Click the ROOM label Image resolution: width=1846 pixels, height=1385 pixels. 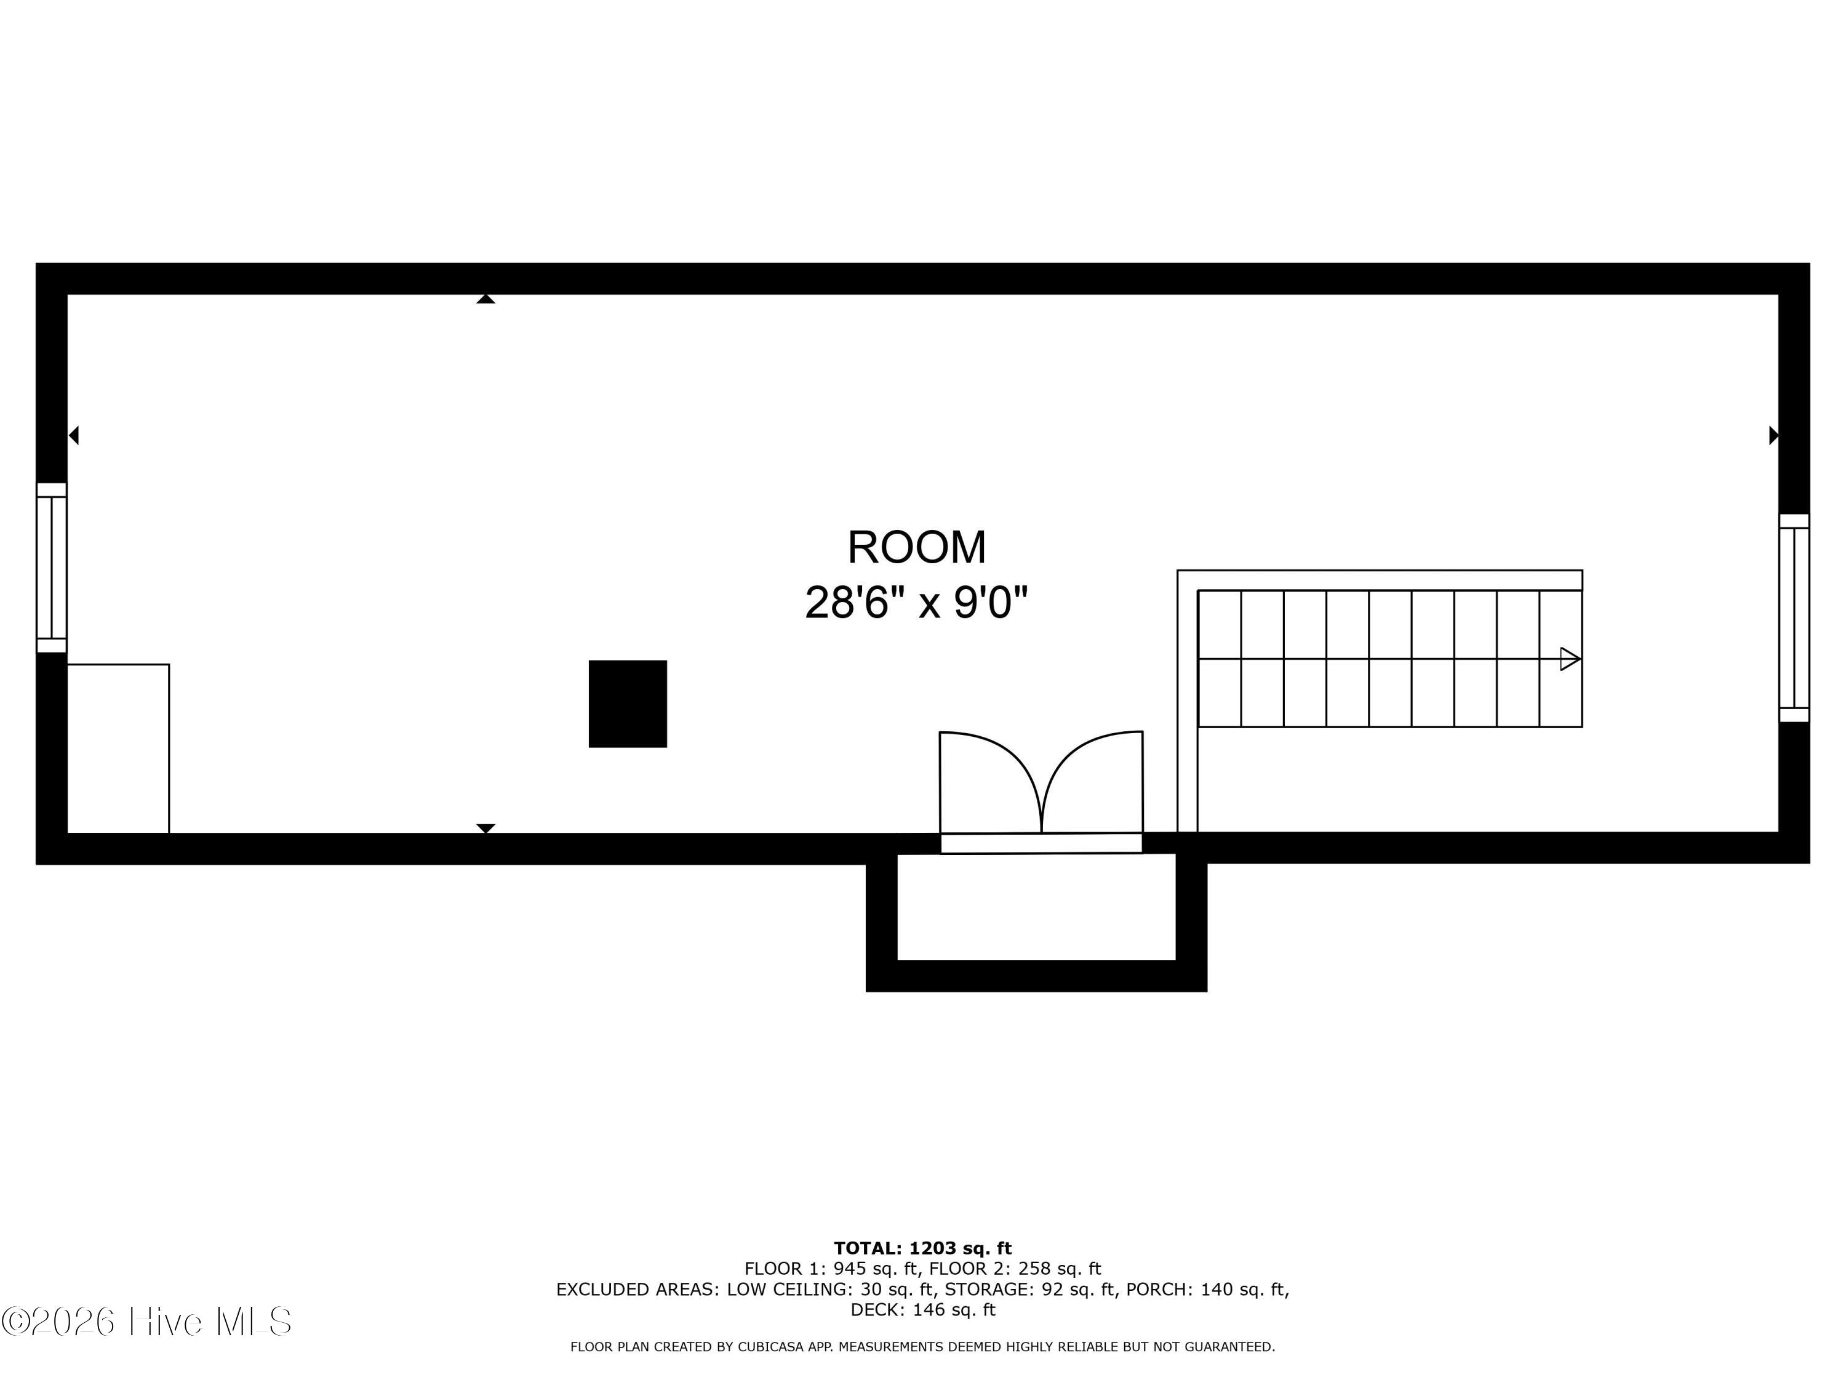click(916, 548)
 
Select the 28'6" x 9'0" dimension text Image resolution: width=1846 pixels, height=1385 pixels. click(916, 602)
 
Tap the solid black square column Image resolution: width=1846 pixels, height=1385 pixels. click(628, 704)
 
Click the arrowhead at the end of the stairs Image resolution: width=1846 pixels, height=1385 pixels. click(1570, 659)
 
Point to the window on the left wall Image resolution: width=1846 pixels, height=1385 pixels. click(52, 568)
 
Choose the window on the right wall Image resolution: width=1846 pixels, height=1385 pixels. click(1794, 618)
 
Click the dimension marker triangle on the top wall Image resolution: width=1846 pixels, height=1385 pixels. click(485, 299)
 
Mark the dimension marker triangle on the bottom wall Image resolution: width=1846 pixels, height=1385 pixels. click(485, 828)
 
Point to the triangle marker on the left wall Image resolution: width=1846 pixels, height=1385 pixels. click(73, 435)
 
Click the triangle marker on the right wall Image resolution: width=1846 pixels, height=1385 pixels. click(1773, 435)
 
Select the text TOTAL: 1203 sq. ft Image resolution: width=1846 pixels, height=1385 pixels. click(922, 1249)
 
